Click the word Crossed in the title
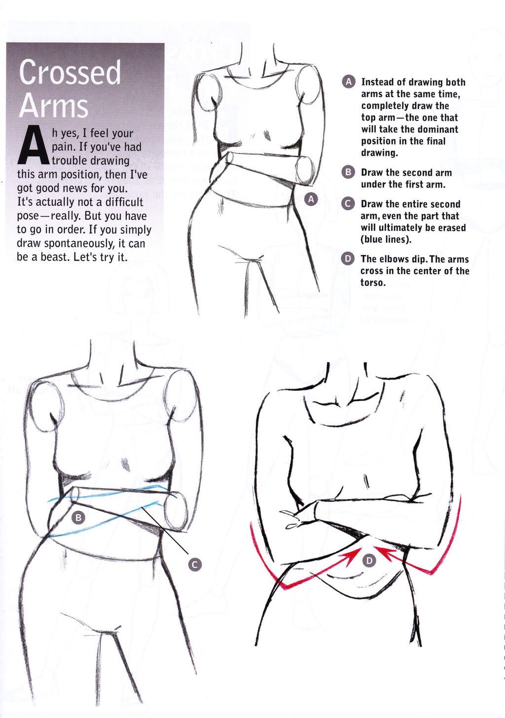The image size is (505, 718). pos(70,72)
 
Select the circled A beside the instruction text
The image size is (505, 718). pos(348,82)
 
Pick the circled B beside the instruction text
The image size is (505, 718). pos(348,173)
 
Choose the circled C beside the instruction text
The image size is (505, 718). pos(348,204)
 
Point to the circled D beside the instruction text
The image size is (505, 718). pos(348,259)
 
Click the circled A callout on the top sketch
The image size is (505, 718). pos(311,199)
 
